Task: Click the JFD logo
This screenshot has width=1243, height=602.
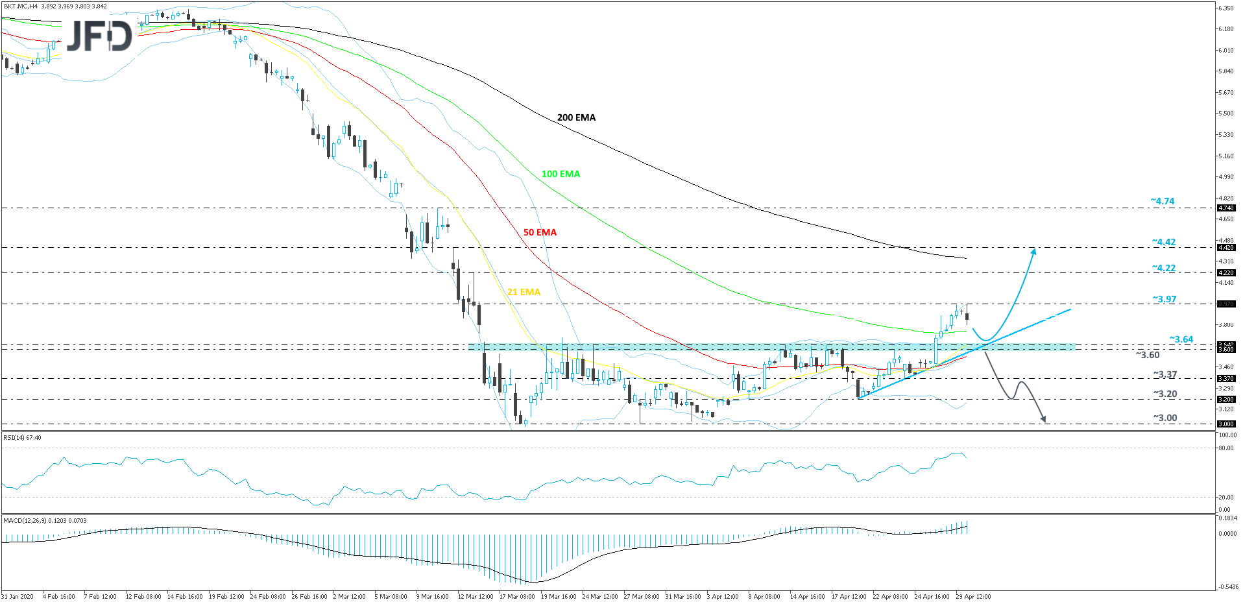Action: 99,36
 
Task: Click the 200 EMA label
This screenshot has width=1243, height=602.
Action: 576,117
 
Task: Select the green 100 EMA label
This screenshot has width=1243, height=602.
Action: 561,174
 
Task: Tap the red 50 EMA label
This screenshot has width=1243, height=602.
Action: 540,232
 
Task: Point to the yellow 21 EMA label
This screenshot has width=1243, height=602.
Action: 524,292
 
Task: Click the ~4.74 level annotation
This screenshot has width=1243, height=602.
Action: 1163,201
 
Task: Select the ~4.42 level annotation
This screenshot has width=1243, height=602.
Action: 1163,242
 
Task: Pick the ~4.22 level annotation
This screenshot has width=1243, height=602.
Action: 1163,268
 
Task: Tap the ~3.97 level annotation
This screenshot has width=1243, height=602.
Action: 1164,299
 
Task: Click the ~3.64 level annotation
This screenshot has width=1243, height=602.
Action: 1181,339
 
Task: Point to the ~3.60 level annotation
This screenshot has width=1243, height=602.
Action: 1147,355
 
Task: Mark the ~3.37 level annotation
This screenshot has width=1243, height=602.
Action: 1165,374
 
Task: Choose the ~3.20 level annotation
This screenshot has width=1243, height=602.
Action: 1165,394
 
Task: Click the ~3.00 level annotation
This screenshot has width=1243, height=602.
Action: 1165,418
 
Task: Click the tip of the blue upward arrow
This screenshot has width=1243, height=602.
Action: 1033,248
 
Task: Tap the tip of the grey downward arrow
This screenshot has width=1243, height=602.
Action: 1045,422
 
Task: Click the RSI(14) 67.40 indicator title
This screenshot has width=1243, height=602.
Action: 22,438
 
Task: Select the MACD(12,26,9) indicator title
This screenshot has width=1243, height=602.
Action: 45,520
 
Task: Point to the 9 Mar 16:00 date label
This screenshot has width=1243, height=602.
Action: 432,596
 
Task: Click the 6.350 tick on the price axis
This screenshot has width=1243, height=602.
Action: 1225,8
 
